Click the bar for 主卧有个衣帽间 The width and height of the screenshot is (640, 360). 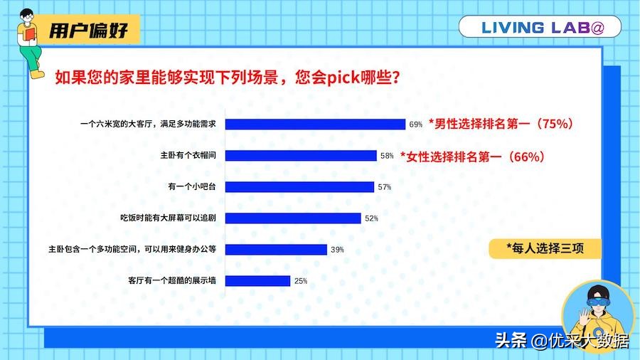(301, 155)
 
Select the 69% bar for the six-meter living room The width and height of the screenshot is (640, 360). (315, 124)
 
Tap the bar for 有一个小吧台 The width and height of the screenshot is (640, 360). (299, 186)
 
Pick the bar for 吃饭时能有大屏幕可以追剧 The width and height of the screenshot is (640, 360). (293, 218)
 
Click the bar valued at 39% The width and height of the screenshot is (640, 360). (276, 249)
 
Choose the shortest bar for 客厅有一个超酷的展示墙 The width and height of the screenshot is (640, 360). (257, 280)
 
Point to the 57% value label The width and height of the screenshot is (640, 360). (385, 187)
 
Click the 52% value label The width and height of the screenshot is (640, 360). (371, 218)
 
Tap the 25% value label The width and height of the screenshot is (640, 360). (301, 281)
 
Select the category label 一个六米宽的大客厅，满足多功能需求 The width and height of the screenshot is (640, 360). (152, 124)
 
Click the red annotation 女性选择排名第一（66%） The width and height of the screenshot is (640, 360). (472, 156)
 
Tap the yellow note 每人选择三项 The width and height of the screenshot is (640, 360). (544, 248)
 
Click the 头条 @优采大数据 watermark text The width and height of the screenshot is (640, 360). (561, 340)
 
